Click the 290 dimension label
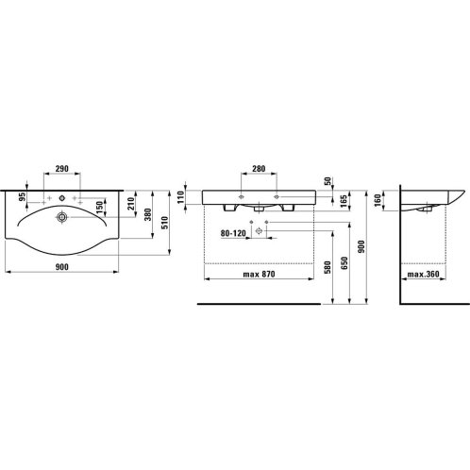pyautogui.click(x=62, y=169)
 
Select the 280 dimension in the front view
pyautogui.click(x=259, y=169)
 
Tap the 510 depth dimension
pyautogui.click(x=165, y=223)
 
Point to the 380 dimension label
pyautogui.click(x=148, y=214)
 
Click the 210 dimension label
pyautogui.click(x=131, y=204)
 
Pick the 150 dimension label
pyautogui.click(x=99, y=208)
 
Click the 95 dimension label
pyautogui.click(x=22, y=197)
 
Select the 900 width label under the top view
pyautogui.click(x=62, y=267)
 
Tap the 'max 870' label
pyautogui.click(x=259, y=275)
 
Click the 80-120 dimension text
pyautogui.click(x=233, y=233)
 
